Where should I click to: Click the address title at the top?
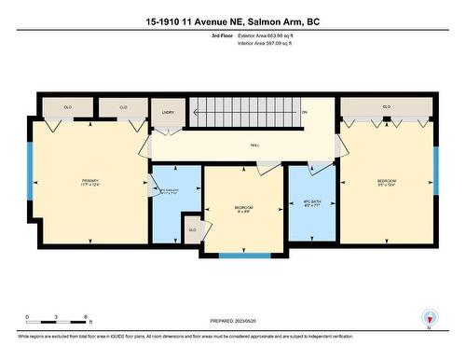232,20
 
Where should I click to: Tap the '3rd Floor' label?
224,35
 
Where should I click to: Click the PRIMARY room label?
90,183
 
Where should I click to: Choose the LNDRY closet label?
168,113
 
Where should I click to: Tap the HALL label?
255,145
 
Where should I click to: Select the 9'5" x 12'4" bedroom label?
387,183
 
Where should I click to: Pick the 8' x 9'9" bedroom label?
243,209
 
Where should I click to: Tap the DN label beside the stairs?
304,113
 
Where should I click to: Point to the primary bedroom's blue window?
31,173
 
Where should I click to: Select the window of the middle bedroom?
245,255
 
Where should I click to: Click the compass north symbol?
429,316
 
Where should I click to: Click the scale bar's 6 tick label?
87,318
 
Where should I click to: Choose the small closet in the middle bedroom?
193,230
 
